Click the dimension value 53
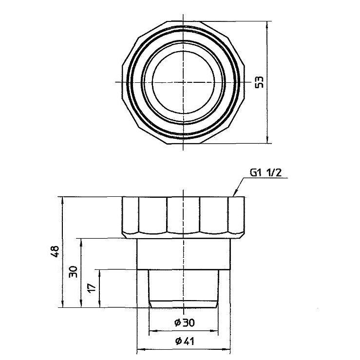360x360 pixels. pyautogui.click(x=259, y=82)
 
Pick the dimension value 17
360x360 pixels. pyautogui.click(x=92, y=288)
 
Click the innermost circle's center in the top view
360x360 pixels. pyautogui.click(x=183, y=81)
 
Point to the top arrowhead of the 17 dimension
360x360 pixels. pyautogui.click(x=99, y=270)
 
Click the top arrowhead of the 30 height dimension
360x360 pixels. pyautogui.click(x=81, y=239)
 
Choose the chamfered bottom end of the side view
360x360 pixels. pyautogui.click(x=183, y=304)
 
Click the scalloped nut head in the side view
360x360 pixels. pyautogui.click(x=183, y=214)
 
